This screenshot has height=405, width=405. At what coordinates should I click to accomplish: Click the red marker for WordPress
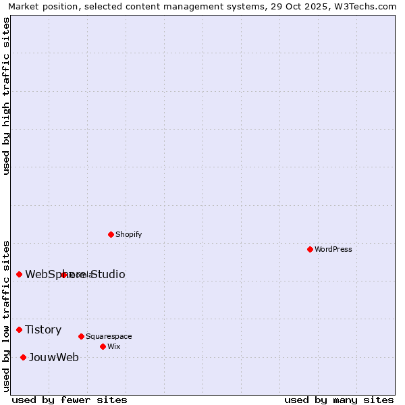point(310,249)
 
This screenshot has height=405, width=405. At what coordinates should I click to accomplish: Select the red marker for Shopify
point(111,234)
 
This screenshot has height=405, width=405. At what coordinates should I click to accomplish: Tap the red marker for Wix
point(103,346)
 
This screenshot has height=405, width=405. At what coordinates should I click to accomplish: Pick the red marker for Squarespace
point(81,336)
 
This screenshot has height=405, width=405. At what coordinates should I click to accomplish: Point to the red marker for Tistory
point(19,329)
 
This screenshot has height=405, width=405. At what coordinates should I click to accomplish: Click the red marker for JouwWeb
point(23,357)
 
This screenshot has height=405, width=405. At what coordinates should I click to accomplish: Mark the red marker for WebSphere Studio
point(19,274)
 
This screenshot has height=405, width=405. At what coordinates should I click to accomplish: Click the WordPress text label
point(333,249)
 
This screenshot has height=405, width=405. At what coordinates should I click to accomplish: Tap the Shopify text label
point(128,234)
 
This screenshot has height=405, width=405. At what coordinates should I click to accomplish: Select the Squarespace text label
point(109,336)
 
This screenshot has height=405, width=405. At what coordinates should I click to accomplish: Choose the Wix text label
point(113,346)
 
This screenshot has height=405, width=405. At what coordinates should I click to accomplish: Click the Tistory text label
point(43,329)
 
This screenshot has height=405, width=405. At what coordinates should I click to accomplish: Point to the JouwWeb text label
point(53,357)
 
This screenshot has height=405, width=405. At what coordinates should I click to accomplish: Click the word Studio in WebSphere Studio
point(107,274)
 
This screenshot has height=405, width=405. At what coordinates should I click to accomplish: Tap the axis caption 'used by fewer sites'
point(70,400)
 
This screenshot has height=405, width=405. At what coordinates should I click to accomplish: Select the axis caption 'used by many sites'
point(339,400)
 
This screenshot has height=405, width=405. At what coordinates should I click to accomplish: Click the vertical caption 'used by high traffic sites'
point(6,96)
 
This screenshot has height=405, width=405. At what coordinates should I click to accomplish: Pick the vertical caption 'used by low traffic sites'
point(6,315)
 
